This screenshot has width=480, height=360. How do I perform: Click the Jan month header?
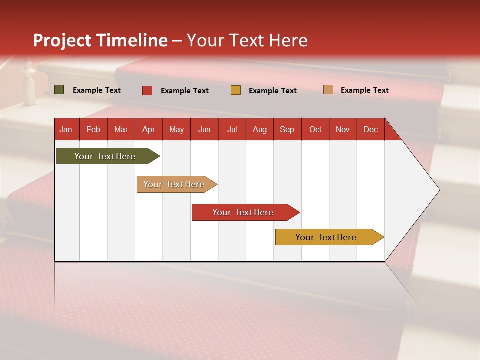66,129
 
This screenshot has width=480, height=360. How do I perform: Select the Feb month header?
93,129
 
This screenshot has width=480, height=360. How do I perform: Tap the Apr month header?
149,129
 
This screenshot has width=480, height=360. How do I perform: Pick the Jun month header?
204,129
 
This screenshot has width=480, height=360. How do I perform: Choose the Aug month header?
260,129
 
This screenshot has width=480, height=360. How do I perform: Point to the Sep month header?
287,129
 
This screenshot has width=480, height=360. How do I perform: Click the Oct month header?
315,129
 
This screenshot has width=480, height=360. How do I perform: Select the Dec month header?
371,129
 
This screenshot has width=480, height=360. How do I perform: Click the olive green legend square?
59,90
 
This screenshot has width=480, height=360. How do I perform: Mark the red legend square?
147,90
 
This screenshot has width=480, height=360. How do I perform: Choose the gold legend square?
236,90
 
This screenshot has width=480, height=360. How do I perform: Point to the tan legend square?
328,90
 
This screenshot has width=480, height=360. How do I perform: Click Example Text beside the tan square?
364,90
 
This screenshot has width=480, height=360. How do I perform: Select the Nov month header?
343,129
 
